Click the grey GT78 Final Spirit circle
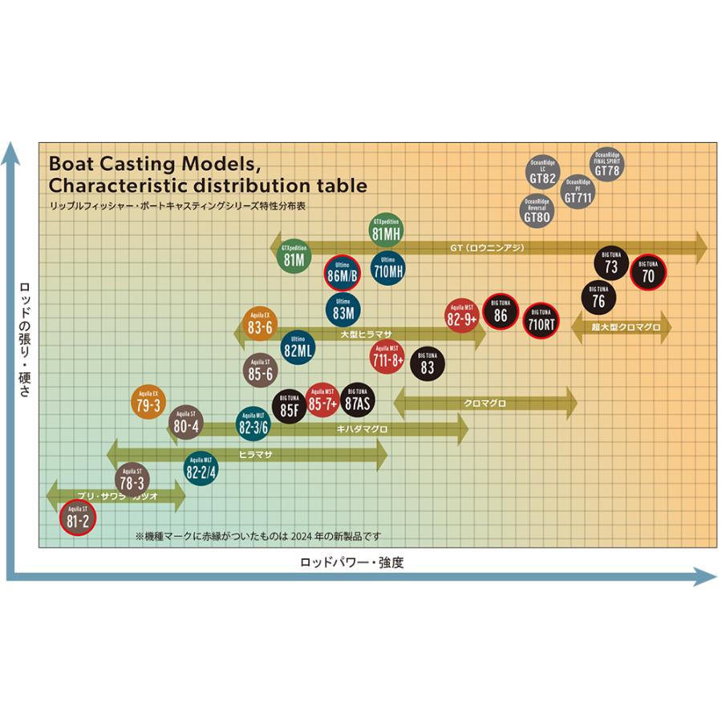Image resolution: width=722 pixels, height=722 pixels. [x=607, y=165]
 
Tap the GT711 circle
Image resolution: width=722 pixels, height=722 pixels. [x=579, y=192]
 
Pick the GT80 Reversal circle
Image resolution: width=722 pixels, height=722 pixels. [x=537, y=210]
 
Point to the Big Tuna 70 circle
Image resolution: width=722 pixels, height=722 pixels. [x=648, y=274]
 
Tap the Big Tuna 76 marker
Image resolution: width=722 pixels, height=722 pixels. [x=598, y=298]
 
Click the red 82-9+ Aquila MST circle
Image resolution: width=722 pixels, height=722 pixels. [x=462, y=314]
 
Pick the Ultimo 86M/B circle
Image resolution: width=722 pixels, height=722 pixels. [x=343, y=273]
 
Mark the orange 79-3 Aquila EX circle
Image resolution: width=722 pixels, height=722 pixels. [x=148, y=402]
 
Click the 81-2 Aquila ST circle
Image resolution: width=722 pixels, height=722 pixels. [x=78, y=518]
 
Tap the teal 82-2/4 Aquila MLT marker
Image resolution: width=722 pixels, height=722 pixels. [x=201, y=469]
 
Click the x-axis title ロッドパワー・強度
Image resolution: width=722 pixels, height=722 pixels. [x=352, y=562]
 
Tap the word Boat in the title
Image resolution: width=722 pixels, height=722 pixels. [x=75, y=164]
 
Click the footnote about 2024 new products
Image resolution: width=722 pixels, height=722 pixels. [x=258, y=535]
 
